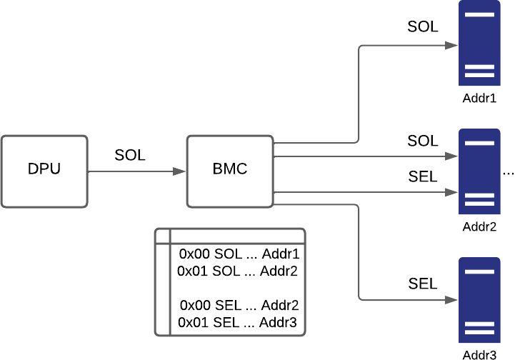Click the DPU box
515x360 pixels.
click(44, 171)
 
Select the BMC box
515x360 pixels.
click(229, 171)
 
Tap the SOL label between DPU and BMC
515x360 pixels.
click(130, 155)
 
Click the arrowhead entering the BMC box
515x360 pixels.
click(181, 171)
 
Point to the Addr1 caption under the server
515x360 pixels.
click(479, 98)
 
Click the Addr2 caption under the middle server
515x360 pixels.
click(479, 228)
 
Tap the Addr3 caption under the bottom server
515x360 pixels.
click(479, 354)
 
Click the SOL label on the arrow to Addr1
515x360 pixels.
click(423, 27)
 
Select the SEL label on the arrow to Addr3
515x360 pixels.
click(423, 284)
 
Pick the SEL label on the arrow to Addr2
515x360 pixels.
click(423, 176)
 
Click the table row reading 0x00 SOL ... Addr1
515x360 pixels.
click(239, 254)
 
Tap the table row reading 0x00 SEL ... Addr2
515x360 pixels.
click(239, 305)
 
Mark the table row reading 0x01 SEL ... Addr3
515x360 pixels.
click(239, 322)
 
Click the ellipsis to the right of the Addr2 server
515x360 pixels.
click(509, 172)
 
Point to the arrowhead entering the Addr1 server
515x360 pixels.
click(452, 44)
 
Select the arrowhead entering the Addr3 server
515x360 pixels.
click(452, 300)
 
